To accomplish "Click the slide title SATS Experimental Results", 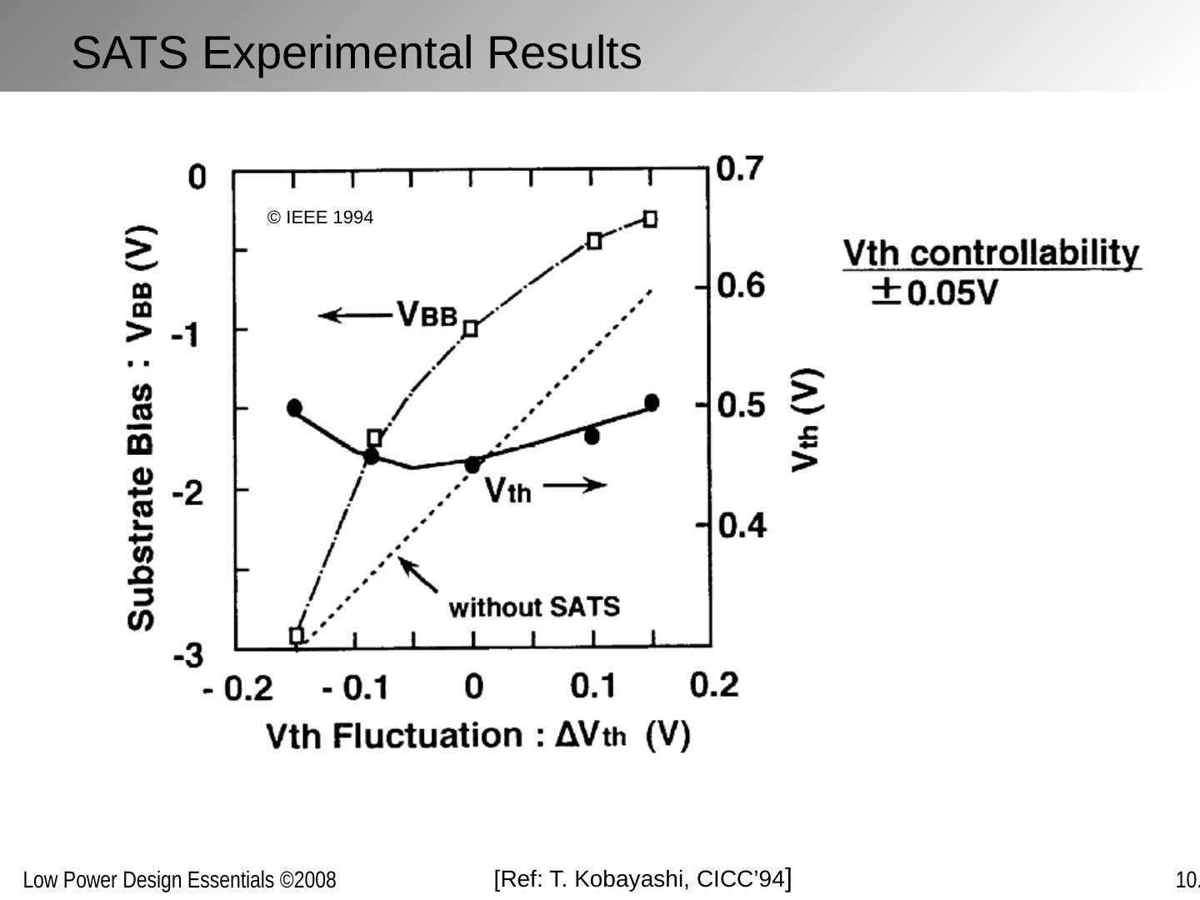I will [x=356, y=52].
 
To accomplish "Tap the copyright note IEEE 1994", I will [x=320, y=217].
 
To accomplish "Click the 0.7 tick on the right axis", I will [x=739, y=168].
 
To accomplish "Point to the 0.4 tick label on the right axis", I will [x=741, y=525].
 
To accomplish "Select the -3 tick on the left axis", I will [x=188, y=655].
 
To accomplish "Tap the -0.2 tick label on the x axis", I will [x=238, y=689].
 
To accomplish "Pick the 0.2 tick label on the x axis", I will [x=714, y=684].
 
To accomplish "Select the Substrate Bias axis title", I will [x=141, y=427].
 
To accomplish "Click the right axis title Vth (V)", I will [x=806, y=419].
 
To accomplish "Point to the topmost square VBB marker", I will [x=650, y=219].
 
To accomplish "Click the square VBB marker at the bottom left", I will [x=297, y=636].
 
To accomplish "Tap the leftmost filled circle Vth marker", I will [x=294, y=407].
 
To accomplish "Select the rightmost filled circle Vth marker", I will [x=652, y=402].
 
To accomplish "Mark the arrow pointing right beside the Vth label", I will [x=575, y=485].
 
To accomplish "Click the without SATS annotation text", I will [x=534, y=607].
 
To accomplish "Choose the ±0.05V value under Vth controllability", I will [x=934, y=292].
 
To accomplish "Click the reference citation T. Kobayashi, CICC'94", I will [x=642, y=879].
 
